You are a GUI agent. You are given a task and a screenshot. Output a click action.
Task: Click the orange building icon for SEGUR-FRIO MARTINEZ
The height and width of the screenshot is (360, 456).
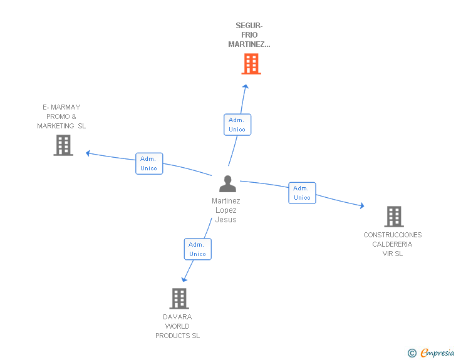click(251, 64)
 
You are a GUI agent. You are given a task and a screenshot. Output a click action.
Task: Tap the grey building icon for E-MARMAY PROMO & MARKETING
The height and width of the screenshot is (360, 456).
click(63, 145)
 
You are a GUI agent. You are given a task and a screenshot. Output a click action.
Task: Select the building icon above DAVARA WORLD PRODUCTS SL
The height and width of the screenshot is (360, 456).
click(179, 299)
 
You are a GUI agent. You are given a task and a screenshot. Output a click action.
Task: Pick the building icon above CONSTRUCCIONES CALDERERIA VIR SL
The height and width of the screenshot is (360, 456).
click(394, 217)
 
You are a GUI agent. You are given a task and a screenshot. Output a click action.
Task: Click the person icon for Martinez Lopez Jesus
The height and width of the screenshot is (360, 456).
click(228, 184)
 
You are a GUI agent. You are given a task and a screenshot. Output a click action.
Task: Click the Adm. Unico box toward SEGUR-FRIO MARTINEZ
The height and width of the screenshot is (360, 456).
click(237, 125)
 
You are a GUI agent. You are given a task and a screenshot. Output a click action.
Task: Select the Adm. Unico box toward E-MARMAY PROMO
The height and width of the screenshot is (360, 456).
click(149, 163)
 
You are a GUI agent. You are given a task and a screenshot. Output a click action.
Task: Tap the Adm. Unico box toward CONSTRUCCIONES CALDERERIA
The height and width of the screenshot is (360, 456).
click(302, 193)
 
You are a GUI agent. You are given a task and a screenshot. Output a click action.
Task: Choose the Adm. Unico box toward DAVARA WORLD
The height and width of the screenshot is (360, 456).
click(198, 249)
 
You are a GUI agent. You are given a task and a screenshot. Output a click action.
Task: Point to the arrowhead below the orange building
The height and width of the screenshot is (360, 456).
click(246, 86)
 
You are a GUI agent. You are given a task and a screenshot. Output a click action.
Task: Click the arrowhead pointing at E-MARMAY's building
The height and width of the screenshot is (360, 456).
click(88, 153)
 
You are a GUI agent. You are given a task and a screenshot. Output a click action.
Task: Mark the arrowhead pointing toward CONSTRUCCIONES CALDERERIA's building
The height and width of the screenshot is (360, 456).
click(362, 205)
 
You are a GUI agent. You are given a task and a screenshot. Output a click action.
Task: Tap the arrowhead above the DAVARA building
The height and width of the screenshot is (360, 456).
click(184, 279)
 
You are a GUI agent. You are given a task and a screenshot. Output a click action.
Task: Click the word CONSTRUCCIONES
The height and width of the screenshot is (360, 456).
click(393, 235)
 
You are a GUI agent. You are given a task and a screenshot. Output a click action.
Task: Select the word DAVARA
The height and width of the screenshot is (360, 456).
click(177, 317)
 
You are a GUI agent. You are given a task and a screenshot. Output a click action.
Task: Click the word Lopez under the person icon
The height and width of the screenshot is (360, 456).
click(226, 210)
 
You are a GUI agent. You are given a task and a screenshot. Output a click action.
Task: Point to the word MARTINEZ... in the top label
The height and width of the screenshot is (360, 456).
click(249, 44)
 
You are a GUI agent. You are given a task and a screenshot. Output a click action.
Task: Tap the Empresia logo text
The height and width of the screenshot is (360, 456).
click(437, 353)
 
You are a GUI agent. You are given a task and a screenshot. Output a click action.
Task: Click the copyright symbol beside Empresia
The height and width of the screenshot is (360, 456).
click(412, 353)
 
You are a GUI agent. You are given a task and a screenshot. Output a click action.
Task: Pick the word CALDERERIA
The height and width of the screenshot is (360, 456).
click(392, 244)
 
